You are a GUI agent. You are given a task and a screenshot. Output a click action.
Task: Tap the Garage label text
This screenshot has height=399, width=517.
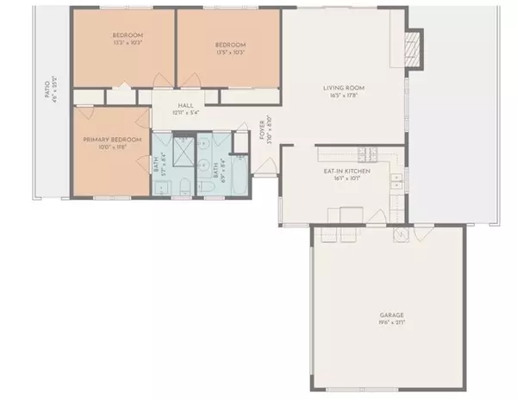click(390, 315)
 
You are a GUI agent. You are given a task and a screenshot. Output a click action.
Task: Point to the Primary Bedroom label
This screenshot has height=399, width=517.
click(106, 140)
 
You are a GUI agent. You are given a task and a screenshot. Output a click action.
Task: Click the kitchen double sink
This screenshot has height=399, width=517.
click(396, 182)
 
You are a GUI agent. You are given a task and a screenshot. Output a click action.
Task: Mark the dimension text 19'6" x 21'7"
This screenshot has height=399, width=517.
click(390, 322)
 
